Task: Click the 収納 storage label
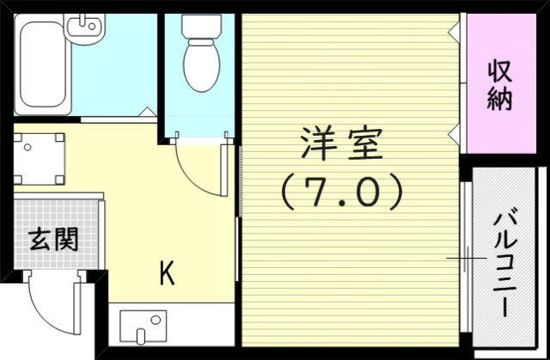500,83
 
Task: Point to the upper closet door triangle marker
454,31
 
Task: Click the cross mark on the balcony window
465,257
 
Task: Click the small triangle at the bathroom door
148,112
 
